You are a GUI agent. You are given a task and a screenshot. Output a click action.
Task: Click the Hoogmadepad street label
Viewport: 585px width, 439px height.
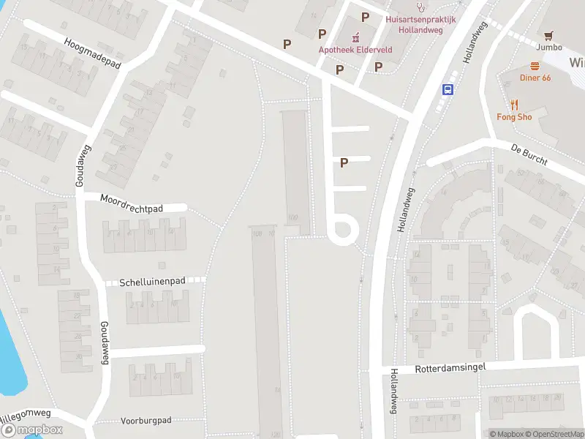pos(92,54)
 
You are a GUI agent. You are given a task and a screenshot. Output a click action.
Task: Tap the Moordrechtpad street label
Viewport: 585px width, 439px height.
pos(132,203)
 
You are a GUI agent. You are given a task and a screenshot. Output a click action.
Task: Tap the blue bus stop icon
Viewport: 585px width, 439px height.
pos(447,89)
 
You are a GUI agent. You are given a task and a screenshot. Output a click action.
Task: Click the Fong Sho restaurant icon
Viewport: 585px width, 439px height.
pos(514,104)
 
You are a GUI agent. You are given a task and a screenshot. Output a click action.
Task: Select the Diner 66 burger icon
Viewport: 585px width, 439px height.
pos(535,65)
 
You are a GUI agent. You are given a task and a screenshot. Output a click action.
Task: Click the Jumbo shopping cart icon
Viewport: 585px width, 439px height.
pos(548,34)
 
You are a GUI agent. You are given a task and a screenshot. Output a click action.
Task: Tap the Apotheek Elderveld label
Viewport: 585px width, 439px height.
pos(346,50)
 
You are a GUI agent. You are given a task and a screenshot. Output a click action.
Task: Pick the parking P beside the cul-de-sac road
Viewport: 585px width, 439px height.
pos(343,163)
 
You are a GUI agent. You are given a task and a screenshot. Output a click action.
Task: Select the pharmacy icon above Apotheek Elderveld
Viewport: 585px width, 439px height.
pos(357,37)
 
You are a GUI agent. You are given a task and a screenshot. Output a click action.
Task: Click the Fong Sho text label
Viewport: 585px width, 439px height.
pos(514,117)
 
